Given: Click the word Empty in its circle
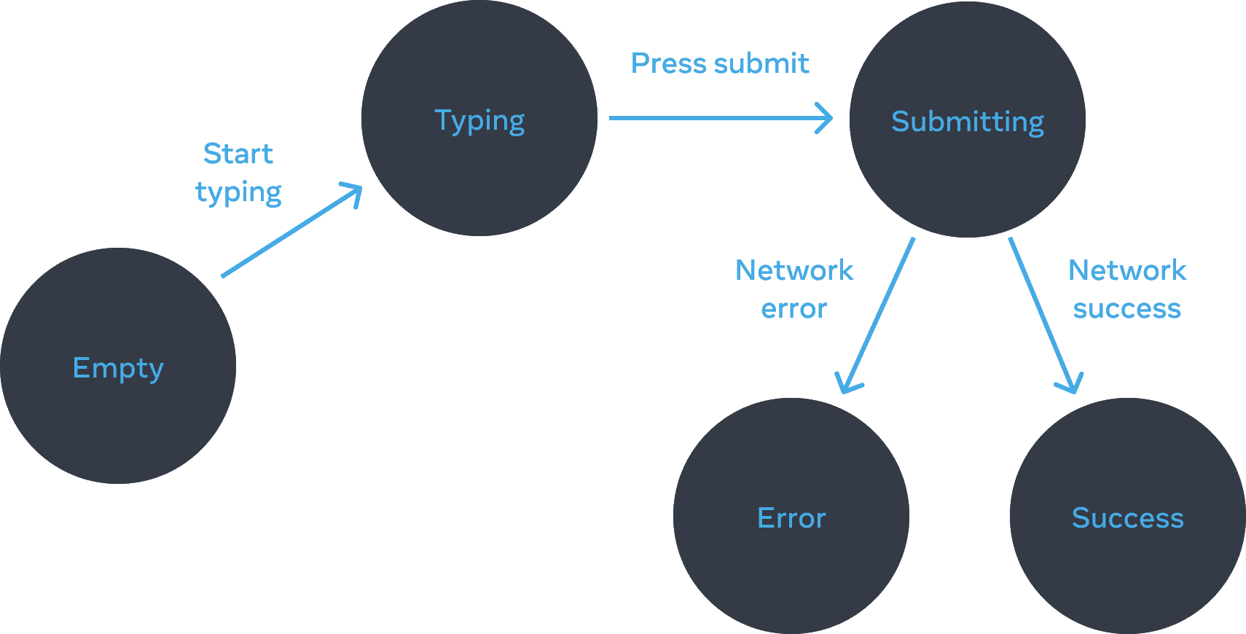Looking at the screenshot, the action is coord(117,368).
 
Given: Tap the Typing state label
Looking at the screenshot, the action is coord(479,121).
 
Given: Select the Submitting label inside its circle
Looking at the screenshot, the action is coord(967,122).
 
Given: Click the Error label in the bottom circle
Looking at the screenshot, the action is coord(791,518).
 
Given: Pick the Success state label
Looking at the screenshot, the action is coord(1127,518).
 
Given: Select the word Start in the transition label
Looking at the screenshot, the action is coord(238,154).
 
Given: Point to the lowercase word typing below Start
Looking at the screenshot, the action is coord(238,192).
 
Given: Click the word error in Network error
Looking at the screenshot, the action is coord(794,309).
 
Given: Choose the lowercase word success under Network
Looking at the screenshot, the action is coord(1127,309).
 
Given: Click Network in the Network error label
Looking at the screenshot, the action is coord(794,270).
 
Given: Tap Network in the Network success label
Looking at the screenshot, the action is coord(1127,270).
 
